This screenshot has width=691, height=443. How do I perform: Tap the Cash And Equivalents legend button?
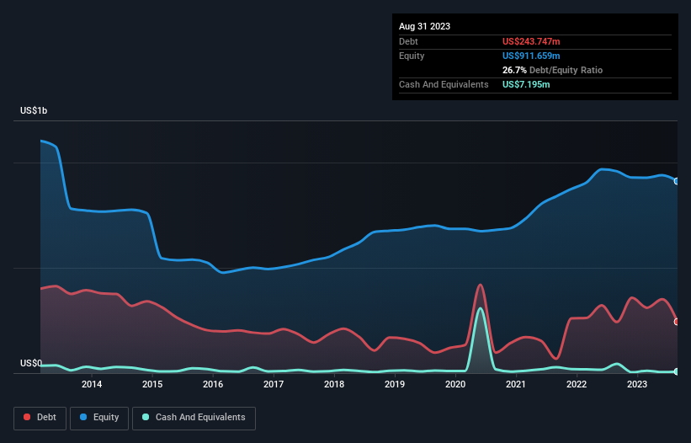[x=194, y=418]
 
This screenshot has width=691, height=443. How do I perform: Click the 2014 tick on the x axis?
[x=92, y=385]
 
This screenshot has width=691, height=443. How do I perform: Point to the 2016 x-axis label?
[x=213, y=385]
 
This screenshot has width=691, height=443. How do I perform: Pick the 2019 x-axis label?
[x=395, y=385]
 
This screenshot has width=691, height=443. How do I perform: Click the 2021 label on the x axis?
[x=516, y=385]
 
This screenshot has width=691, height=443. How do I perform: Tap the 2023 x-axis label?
[x=637, y=385]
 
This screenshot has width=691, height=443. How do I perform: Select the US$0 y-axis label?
[x=30, y=364]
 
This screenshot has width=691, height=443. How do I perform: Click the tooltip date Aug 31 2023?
[x=424, y=26]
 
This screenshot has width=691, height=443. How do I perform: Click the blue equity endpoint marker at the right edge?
[x=677, y=181]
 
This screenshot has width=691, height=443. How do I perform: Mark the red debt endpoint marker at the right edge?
[x=677, y=322]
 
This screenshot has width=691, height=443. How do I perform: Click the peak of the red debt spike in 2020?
[x=480, y=285]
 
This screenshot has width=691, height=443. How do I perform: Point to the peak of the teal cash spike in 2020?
[x=481, y=308]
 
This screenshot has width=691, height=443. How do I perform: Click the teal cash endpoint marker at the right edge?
[x=677, y=371]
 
